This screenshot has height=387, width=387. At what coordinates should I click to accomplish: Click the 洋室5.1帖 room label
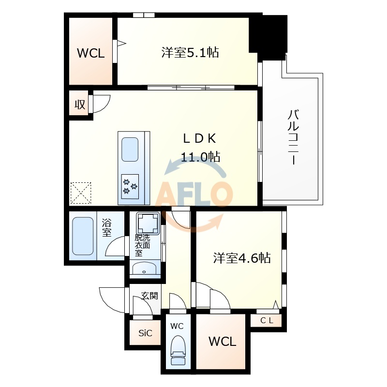pyautogui.click(x=190, y=53)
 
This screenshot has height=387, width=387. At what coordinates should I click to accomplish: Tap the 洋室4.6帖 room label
pyautogui.click(x=242, y=258)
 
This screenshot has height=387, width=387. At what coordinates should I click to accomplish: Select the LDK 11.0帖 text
pyautogui.click(x=200, y=147)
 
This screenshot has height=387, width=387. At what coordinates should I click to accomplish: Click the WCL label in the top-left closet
pyautogui.click(x=91, y=53)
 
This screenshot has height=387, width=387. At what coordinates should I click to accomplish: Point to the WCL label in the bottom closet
pyautogui.click(x=223, y=342)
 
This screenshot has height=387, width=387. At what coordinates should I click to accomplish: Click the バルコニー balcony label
pyautogui.click(x=293, y=138)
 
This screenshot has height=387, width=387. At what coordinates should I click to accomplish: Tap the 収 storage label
pyautogui.click(x=79, y=104)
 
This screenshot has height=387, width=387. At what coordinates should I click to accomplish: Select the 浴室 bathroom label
pyautogui.click(x=107, y=227)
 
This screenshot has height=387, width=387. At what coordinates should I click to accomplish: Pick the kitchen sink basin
pyautogui.click(x=130, y=149)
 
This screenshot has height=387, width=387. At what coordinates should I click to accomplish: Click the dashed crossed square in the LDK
pyautogui.click(x=80, y=193)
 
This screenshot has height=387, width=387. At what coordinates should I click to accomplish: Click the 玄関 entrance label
pyautogui.click(x=149, y=296)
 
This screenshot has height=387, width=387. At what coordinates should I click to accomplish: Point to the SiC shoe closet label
pyautogui.click(x=145, y=333)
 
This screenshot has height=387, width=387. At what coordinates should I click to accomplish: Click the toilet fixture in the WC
pyautogui.click(x=178, y=350)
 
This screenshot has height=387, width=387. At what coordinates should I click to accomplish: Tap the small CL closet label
pyautogui.click(x=267, y=320)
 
